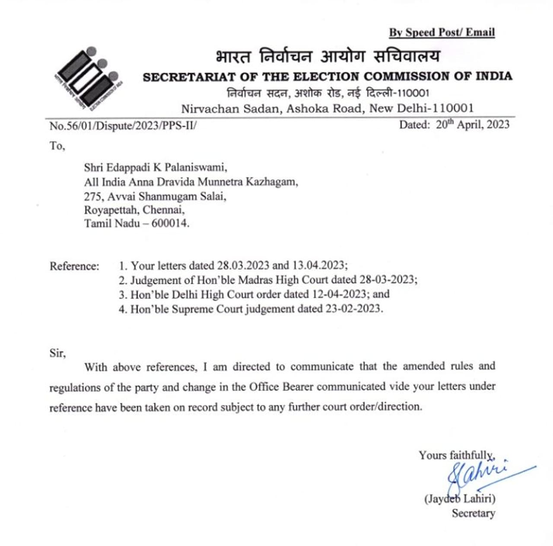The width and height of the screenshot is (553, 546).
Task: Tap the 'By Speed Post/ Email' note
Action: click(x=442, y=32)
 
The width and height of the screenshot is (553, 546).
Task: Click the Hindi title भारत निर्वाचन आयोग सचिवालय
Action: click(x=328, y=57)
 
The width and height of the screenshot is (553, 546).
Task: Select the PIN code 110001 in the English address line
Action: click(x=451, y=108)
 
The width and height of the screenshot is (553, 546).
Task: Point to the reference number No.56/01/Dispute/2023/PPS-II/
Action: click(x=123, y=126)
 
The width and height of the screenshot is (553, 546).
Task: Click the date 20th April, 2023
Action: click(x=473, y=125)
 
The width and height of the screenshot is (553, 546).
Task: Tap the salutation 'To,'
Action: click(x=57, y=146)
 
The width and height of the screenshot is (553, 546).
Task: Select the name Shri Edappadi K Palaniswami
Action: click(x=156, y=167)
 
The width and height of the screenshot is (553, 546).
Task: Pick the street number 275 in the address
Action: click(x=92, y=196)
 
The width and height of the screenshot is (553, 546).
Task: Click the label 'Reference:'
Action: click(x=74, y=266)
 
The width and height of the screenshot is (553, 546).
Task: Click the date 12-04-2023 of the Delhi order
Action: click(x=339, y=294)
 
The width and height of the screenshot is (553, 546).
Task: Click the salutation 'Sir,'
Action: click(x=57, y=353)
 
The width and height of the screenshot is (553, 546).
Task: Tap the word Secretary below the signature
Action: click(x=474, y=514)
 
